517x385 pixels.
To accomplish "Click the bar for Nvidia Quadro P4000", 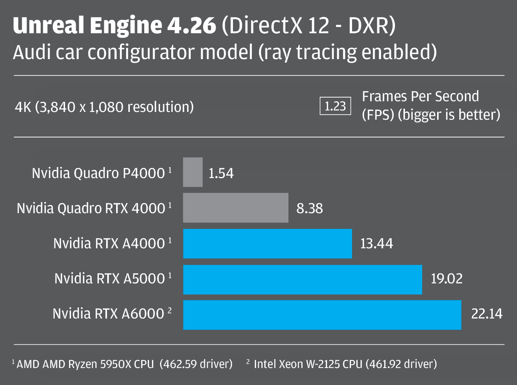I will click(193, 172).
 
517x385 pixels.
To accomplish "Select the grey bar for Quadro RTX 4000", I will click(236, 208).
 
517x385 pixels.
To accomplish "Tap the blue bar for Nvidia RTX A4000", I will click(267, 243).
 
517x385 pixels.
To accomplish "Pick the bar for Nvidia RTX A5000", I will click(303, 279).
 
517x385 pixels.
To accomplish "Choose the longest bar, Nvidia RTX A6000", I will click(322, 315).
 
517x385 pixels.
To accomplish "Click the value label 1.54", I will click(221, 173).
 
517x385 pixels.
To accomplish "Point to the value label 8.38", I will click(310, 208).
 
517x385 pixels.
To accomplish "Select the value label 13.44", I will click(376, 243).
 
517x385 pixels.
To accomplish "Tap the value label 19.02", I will click(446, 279).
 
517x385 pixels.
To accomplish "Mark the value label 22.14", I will click(487, 314).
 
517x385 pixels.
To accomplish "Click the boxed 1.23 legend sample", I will click(335, 106).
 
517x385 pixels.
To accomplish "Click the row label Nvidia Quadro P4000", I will click(98, 173).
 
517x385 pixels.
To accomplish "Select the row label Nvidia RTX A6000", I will click(108, 314).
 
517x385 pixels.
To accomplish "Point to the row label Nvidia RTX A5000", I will click(109, 279).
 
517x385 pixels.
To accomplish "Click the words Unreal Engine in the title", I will click(87, 25).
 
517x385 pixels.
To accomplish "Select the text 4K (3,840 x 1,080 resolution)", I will click(104, 107).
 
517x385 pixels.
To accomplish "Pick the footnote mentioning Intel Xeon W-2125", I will click(345, 364).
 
